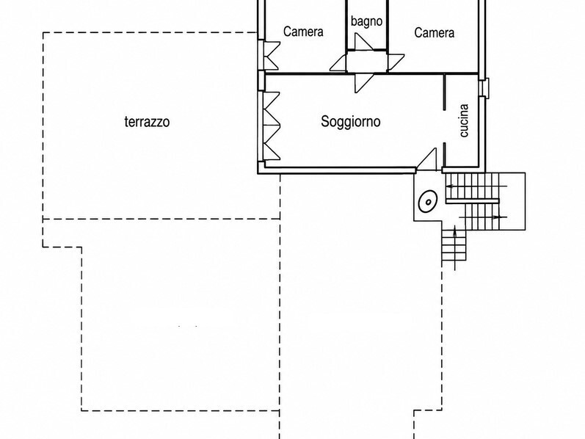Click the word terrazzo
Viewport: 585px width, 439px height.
tap(147, 122)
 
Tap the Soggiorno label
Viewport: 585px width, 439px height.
tap(351, 121)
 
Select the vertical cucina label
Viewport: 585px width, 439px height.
tap(464, 120)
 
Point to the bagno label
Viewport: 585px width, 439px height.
tap(366, 21)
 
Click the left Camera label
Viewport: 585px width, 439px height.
tap(303, 32)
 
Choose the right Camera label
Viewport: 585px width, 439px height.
tap(435, 32)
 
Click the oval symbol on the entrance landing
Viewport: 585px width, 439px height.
tap(428, 202)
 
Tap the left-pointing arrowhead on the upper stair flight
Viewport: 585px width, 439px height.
tap(449, 186)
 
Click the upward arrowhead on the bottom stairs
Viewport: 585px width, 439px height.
tap(455, 229)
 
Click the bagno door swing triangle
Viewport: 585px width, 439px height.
tap(363, 41)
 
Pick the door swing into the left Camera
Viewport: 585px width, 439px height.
tap(338, 62)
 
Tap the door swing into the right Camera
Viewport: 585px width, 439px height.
tap(396, 62)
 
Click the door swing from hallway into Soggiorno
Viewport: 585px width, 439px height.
tap(364, 83)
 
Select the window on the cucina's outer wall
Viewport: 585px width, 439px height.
tap(484, 87)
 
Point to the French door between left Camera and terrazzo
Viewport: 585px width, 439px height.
tap(272, 55)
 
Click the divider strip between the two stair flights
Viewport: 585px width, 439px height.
tap(473, 202)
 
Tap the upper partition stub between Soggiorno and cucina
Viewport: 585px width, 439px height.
tap(444, 92)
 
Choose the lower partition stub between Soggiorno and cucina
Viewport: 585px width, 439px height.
tap(444, 155)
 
